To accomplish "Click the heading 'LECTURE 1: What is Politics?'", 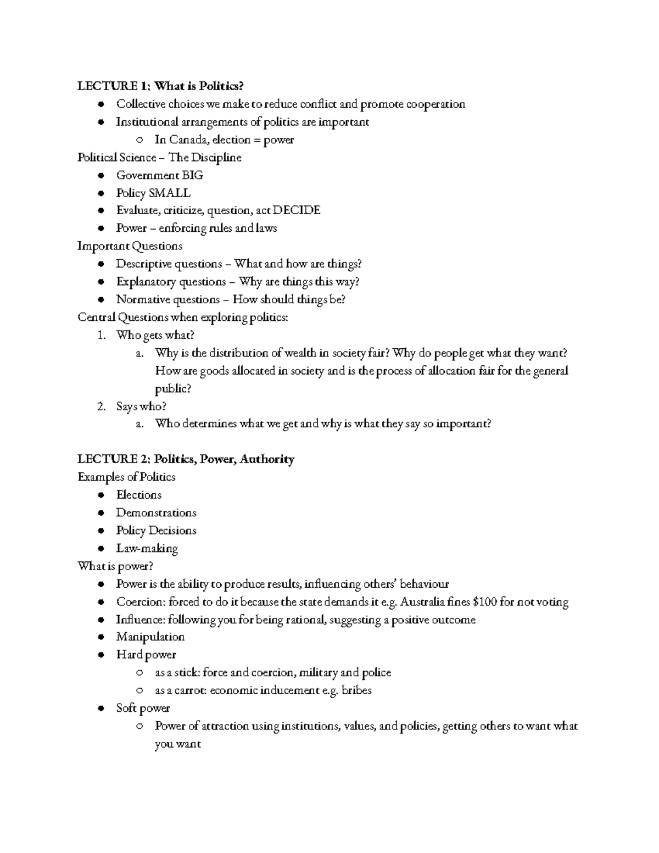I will tap(160, 86).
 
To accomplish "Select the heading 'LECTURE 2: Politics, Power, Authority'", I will tap(186, 459).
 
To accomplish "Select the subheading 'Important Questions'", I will tap(130, 246).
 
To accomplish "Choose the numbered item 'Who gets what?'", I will tap(155, 335).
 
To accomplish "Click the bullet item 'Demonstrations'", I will tap(156, 513).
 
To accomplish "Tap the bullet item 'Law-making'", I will tap(147, 549).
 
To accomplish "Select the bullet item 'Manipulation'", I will tap(150, 637).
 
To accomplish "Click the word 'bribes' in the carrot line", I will tap(356, 690).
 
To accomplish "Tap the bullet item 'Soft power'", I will tap(143, 709).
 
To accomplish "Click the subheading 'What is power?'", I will tap(115, 566).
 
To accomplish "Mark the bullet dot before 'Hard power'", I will tap(100, 655).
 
